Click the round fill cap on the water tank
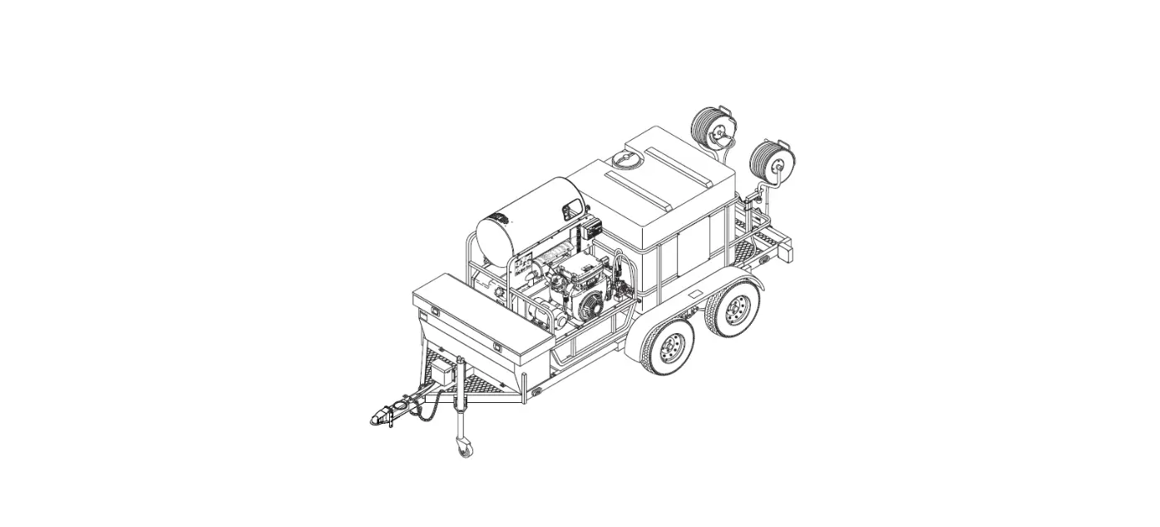click(x=622, y=158)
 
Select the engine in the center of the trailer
click(x=582, y=287)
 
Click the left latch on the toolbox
click(x=433, y=312)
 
